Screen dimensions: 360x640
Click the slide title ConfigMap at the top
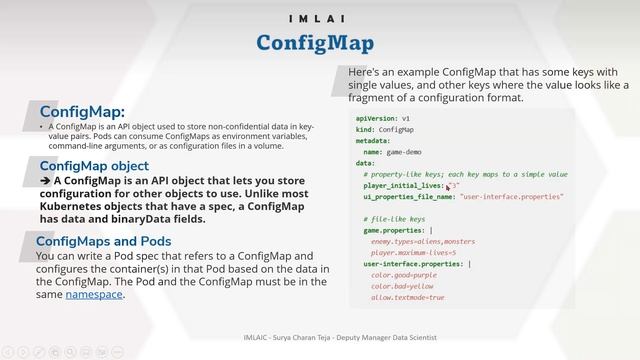[314, 43]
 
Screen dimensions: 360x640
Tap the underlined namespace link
[95, 294]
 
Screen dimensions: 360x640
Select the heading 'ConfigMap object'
[94, 166]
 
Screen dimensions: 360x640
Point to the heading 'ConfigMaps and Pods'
[103, 241]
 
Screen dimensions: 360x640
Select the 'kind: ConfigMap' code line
[384, 130]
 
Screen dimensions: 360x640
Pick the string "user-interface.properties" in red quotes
[511, 196]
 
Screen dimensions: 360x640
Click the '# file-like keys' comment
[395, 218]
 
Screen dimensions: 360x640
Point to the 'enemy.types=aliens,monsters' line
[423, 241]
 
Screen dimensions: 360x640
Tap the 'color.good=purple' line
[404, 275]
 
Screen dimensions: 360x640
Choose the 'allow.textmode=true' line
[408, 297]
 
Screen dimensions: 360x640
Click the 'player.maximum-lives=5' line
[413, 252]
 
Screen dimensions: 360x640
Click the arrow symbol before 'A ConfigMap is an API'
[45, 181]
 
